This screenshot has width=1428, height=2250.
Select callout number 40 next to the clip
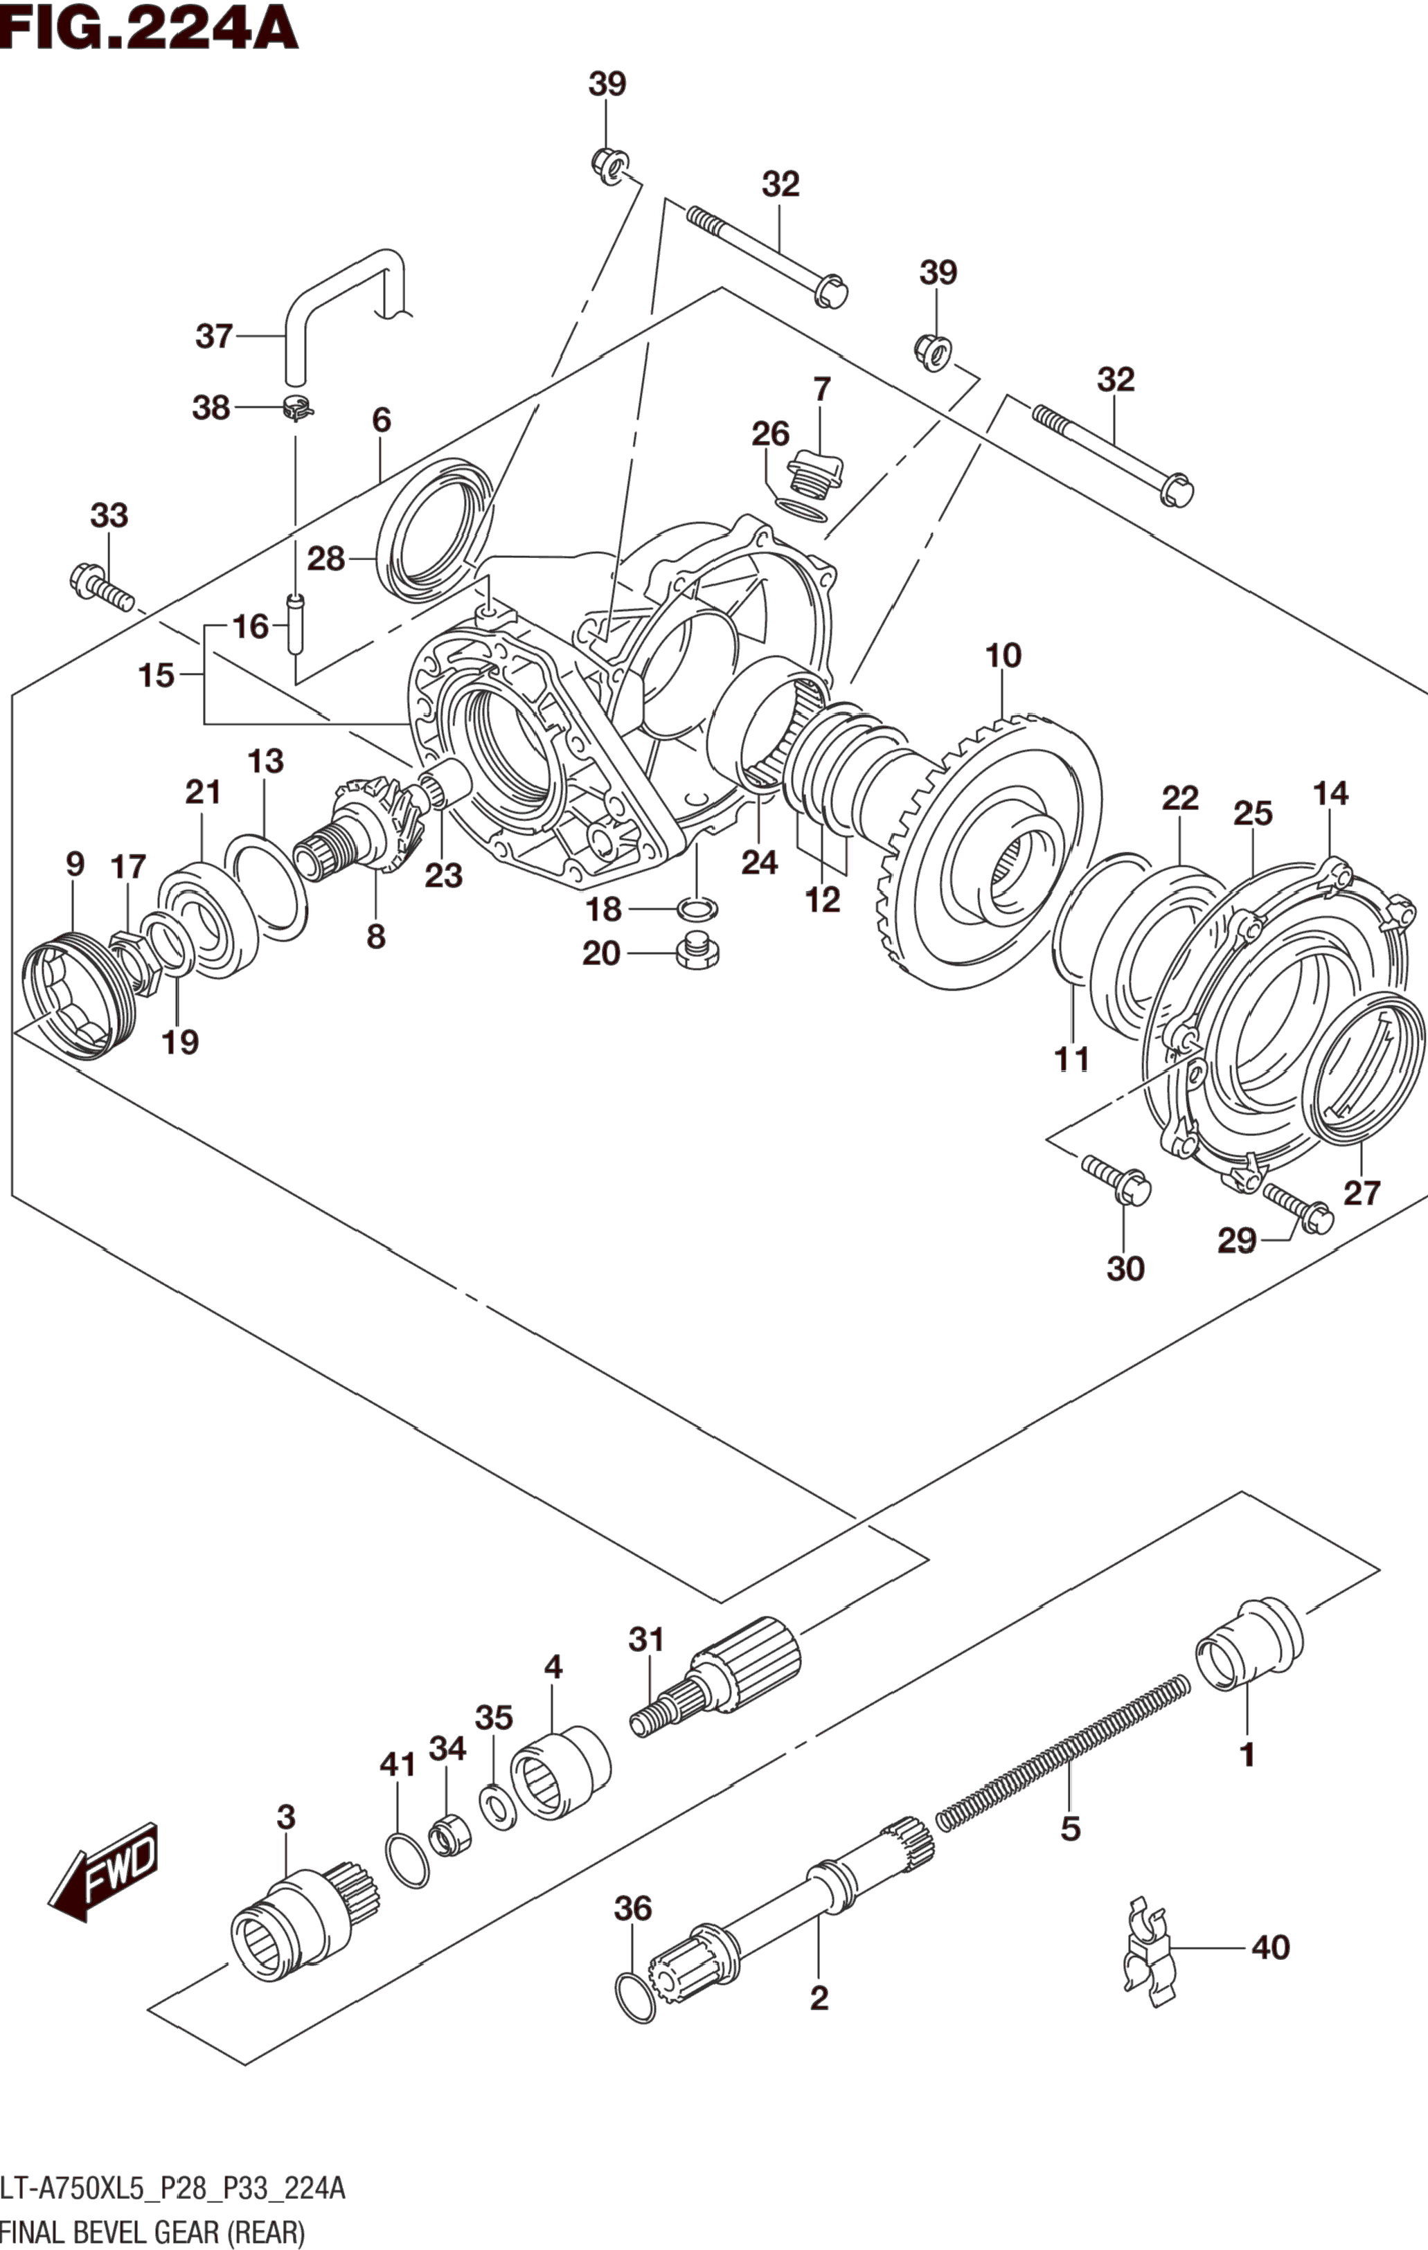(1270, 1948)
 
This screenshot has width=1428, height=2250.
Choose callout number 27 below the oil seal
(1361, 1194)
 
